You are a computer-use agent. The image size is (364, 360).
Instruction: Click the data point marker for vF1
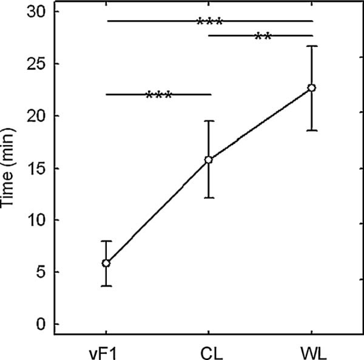click(106, 263)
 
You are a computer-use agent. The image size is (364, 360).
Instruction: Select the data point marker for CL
click(209, 160)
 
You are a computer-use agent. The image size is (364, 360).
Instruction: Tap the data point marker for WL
click(311, 88)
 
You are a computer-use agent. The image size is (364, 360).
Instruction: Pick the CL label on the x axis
click(209, 350)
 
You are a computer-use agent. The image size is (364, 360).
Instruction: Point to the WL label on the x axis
click(311, 350)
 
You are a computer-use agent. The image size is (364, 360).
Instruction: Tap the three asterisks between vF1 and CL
click(159, 96)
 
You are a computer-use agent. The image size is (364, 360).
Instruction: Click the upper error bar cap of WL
click(311, 46)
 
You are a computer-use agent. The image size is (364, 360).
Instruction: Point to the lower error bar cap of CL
click(209, 198)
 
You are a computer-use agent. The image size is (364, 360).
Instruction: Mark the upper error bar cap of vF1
click(106, 241)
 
